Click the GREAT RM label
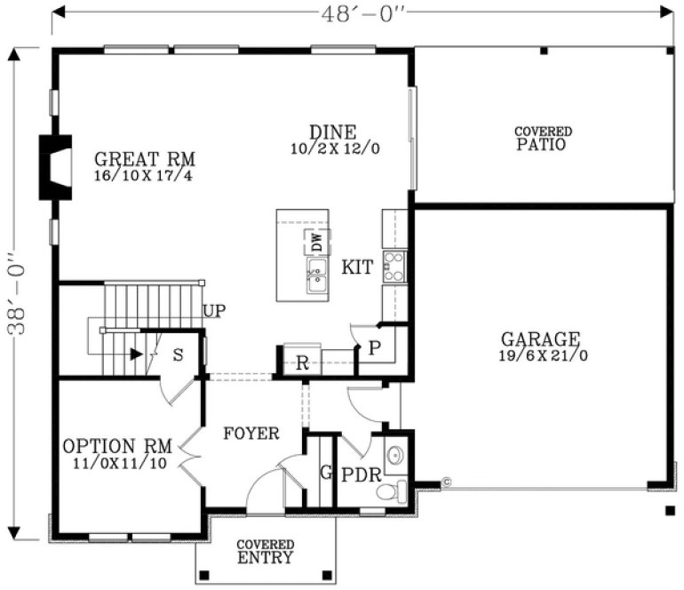145,160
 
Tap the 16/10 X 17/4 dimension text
145,176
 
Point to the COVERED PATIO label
543,139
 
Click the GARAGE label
540,339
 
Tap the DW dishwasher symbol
316,241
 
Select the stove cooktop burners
394,266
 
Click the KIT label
357,267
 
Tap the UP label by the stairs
213,311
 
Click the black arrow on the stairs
135,354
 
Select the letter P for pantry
375,347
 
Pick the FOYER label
251,434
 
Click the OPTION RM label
110,446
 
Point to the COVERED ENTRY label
266,551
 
